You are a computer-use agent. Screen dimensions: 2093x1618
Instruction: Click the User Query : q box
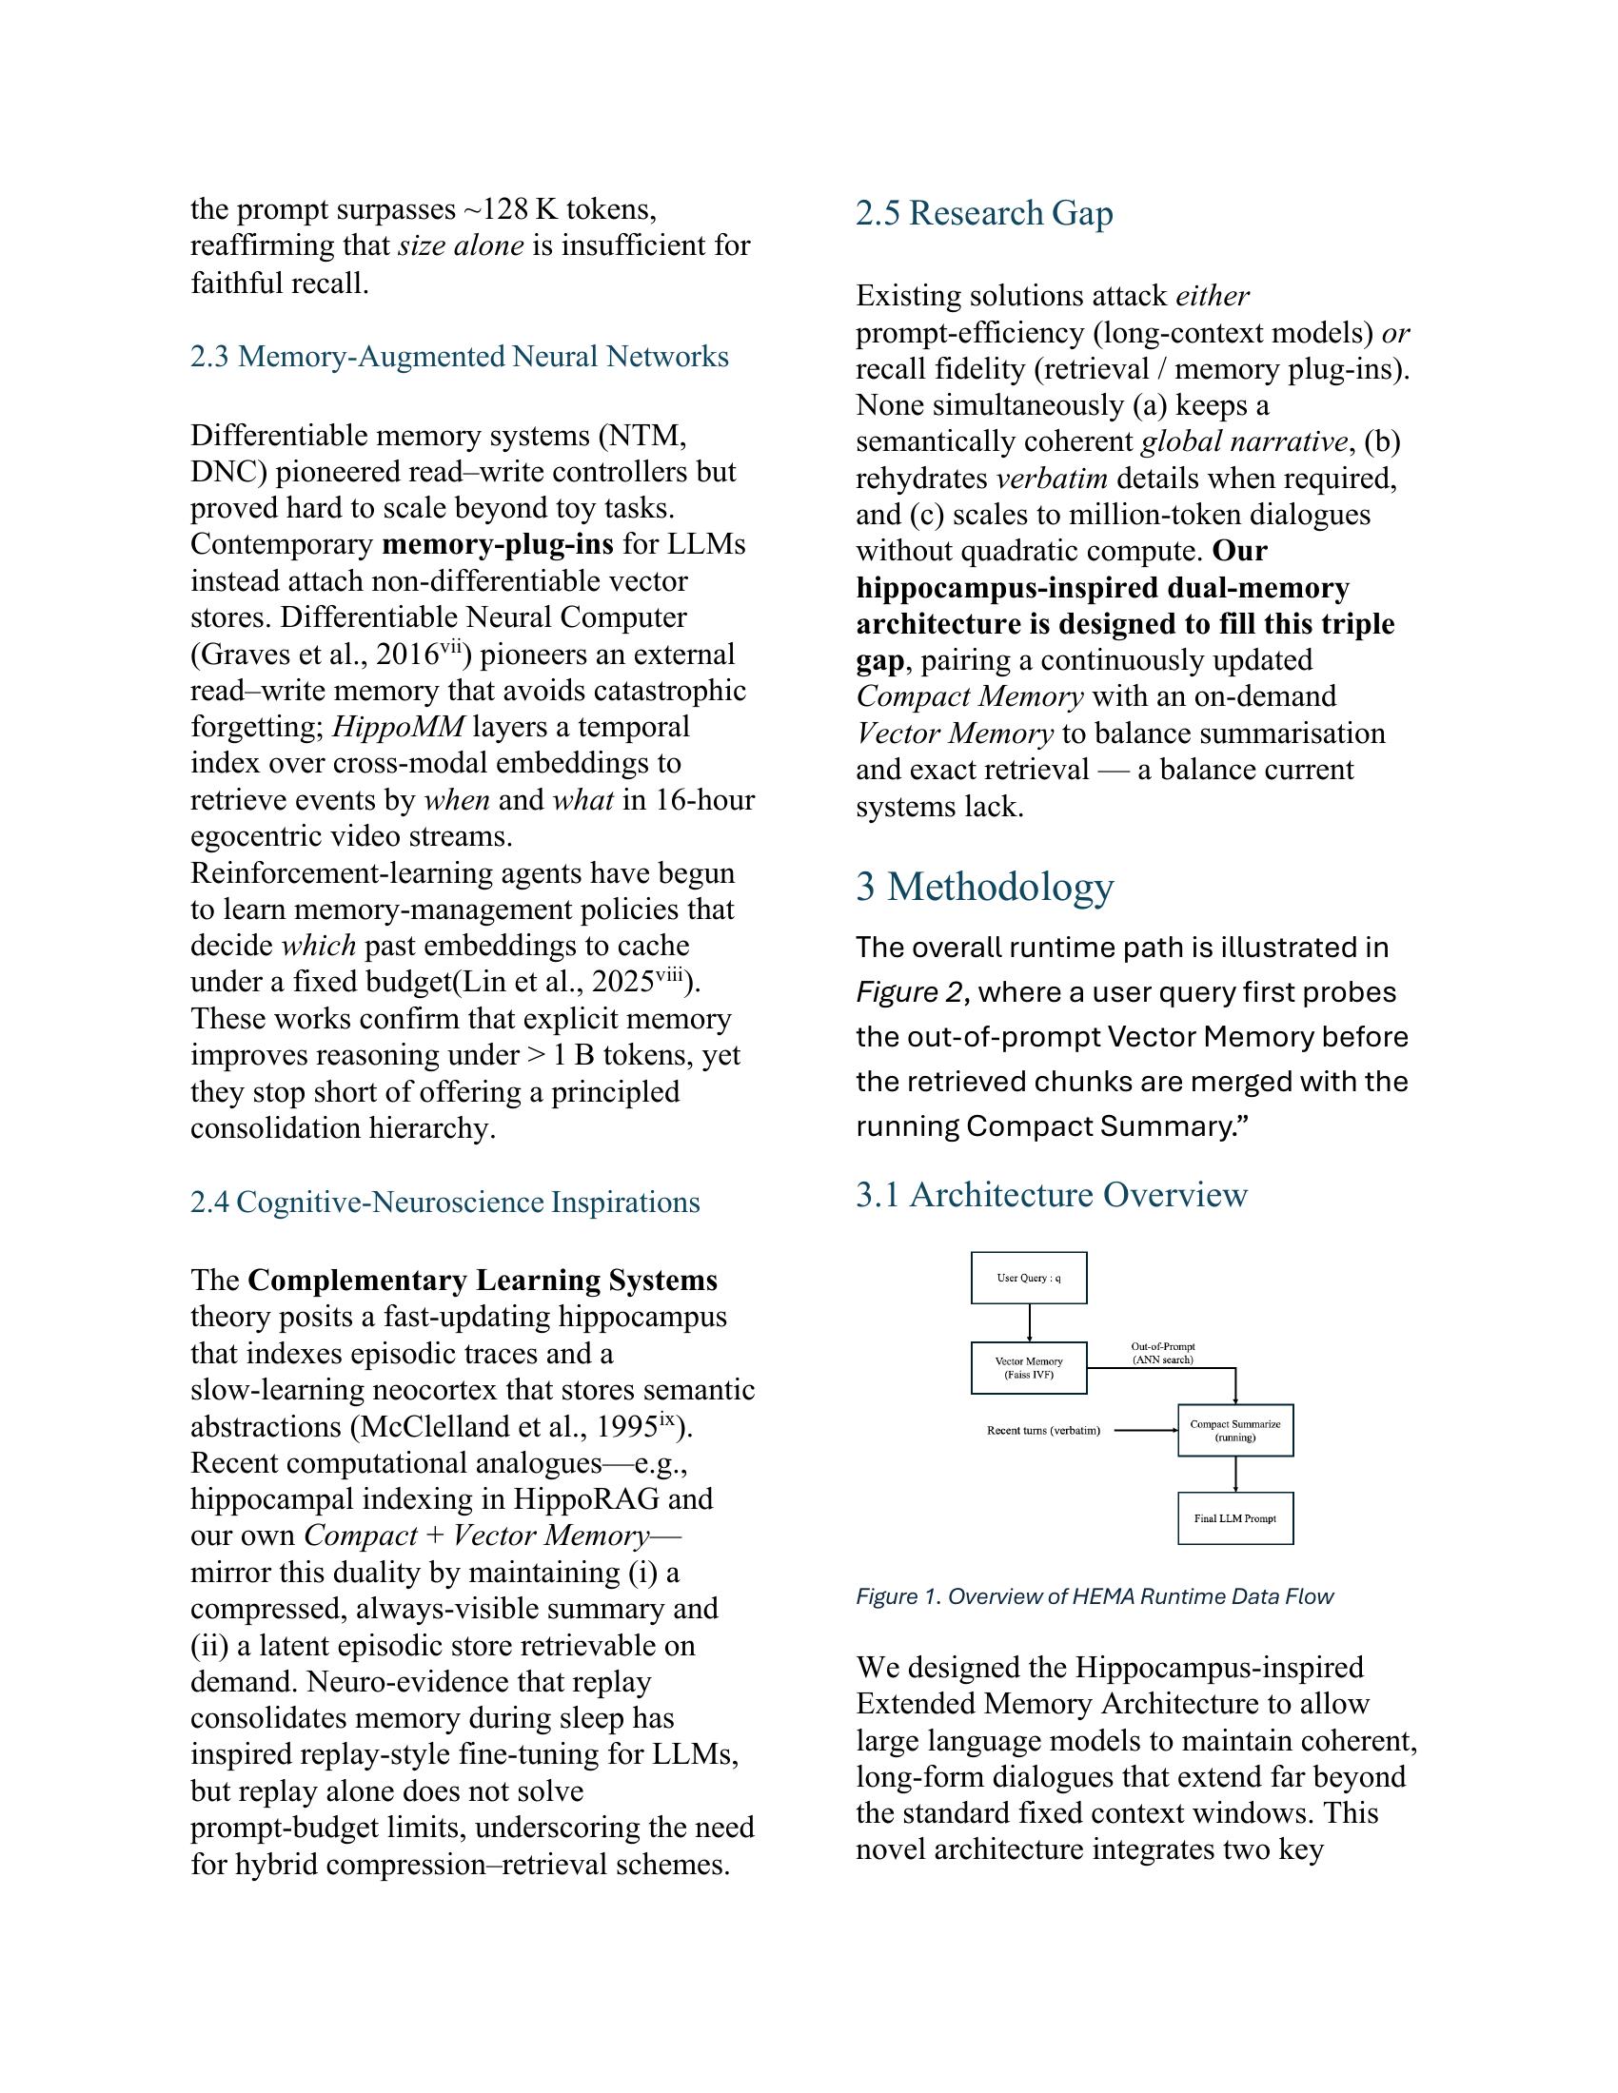click(1029, 1278)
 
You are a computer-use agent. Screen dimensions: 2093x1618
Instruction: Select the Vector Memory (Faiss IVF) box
click(1029, 1367)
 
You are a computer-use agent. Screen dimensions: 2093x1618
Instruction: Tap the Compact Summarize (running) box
click(1234, 1431)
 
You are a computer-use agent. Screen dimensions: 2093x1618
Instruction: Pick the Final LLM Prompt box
click(1234, 1518)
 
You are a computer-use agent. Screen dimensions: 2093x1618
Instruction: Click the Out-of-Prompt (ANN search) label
click(1162, 1353)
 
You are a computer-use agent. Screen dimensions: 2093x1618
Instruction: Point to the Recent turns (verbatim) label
click(1043, 1431)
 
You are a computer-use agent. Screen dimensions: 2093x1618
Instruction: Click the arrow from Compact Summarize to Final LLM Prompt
click(1235, 1474)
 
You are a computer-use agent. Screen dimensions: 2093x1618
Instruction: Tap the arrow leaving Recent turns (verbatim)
click(1145, 1431)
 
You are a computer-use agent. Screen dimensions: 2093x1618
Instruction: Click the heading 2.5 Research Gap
click(983, 213)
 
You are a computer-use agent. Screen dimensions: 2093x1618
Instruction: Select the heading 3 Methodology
click(983, 887)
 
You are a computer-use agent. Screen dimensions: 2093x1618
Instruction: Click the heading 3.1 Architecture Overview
click(1051, 1195)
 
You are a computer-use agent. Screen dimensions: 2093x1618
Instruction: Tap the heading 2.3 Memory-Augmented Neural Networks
click(459, 357)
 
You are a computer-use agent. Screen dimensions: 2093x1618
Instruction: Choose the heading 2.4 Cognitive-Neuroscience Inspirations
click(444, 1202)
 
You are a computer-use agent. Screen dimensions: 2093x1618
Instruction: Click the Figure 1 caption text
click(1094, 1596)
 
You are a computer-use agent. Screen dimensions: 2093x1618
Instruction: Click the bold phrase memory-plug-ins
click(497, 544)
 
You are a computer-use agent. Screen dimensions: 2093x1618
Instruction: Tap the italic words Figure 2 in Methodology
click(910, 992)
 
